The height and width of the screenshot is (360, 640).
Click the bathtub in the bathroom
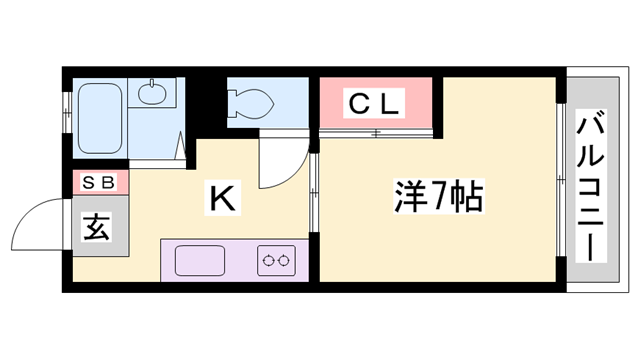click(100, 117)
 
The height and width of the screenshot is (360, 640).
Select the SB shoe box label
click(98, 183)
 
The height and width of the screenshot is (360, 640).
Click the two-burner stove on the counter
click(277, 260)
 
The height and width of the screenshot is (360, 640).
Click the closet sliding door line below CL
click(377, 132)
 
